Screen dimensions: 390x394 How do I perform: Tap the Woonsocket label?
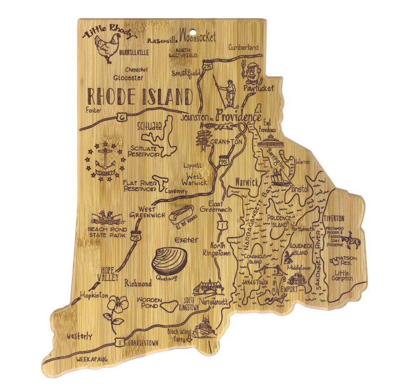[x=199, y=35]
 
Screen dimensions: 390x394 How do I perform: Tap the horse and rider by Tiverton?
[x=353, y=240]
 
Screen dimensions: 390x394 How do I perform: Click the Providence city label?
[x=238, y=117]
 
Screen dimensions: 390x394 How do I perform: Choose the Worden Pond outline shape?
[x=167, y=306]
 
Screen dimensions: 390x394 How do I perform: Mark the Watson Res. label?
[x=342, y=260]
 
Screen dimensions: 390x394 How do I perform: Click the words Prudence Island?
[x=280, y=221]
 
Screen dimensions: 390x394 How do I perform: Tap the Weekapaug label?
[x=92, y=360]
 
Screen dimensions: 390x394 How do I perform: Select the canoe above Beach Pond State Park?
[x=104, y=217]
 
